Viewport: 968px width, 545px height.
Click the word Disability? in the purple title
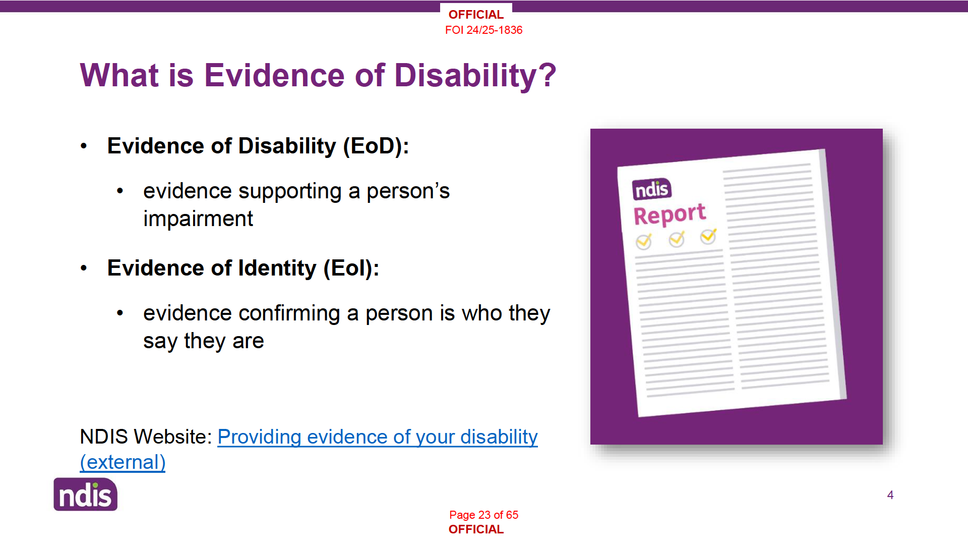(475, 76)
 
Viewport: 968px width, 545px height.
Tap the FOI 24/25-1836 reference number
(483, 30)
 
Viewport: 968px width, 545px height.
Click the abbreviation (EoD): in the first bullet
(376, 146)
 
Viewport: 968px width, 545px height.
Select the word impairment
(198, 219)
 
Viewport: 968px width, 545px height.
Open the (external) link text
(123, 462)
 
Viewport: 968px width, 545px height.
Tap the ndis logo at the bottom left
(86, 495)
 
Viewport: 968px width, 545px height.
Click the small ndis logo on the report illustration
(652, 189)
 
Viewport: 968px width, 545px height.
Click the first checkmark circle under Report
(643, 242)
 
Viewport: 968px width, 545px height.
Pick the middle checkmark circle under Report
(677, 239)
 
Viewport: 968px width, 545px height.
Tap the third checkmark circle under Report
(708, 236)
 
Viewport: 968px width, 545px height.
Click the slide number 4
(890, 495)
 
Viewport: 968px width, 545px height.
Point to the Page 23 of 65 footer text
(483, 515)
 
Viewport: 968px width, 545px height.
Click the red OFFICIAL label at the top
(476, 15)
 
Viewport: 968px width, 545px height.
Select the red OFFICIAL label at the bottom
(476, 529)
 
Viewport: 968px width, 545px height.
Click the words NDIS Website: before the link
(146, 437)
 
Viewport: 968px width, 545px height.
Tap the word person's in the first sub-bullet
(408, 192)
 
